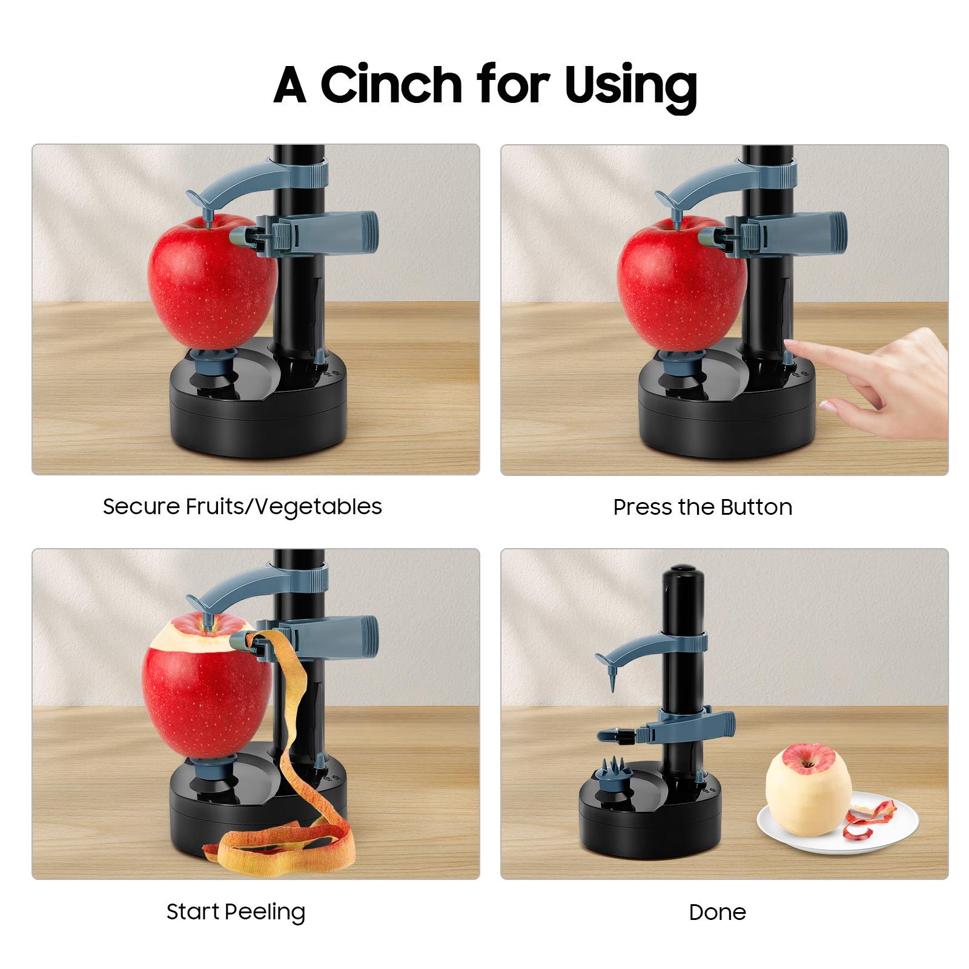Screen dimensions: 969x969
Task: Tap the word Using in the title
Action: coord(630,85)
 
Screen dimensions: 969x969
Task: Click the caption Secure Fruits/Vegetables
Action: coord(242,506)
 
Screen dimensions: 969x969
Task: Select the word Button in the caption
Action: coord(756,507)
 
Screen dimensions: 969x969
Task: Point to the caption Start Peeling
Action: coord(236,911)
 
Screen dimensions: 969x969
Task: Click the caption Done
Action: coord(717,912)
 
